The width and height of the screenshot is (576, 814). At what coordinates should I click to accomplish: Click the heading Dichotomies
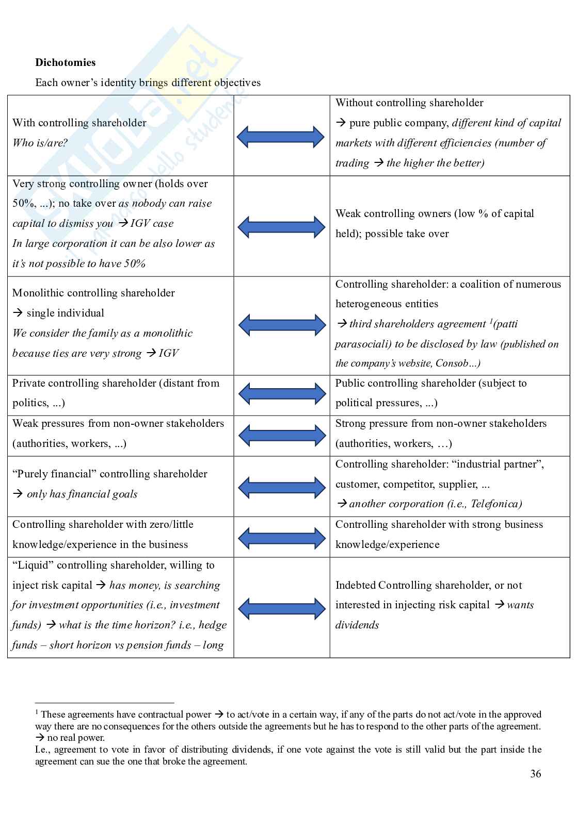click(66, 62)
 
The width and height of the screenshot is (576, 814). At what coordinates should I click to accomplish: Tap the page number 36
click(535, 773)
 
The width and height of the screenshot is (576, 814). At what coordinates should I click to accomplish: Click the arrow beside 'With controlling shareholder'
click(281, 137)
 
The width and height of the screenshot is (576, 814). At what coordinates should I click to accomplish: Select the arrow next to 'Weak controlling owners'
click(281, 227)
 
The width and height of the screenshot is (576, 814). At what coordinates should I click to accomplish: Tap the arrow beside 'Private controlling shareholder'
click(282, 394)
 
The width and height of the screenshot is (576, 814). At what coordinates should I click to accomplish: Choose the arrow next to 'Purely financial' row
click(282, 487)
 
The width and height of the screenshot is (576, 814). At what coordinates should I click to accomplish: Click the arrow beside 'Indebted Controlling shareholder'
click(282, 608)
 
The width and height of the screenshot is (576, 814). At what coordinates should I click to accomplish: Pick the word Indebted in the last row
click(355, 585)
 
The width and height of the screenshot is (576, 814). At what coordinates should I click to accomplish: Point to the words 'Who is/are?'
click(40, 143)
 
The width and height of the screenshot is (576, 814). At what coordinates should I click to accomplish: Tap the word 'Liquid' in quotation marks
click(33, 565)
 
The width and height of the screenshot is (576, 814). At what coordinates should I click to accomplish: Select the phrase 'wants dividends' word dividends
click(357, 625)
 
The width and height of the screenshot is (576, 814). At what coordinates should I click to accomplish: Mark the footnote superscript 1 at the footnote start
click(37, 712)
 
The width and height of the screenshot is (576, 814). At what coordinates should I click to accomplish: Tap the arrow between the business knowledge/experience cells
click(282, 538)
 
